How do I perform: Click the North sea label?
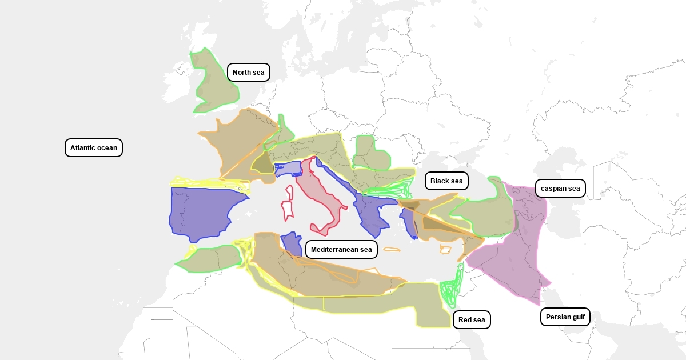(x=248, y=72)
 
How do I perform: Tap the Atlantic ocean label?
(x=93, y=148)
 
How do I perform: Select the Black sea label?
(x=446, y=181)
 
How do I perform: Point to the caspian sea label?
(x=560, y=189)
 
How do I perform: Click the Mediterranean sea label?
(x=341, y=250)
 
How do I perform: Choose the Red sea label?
(x=472, y=320)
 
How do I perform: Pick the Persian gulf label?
(x=565, y=317)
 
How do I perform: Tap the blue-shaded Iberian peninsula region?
(x=200, y=211)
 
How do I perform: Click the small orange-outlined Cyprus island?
(x=445, y=250)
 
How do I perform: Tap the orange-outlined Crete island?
(x=392, y=249)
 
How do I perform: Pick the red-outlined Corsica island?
(x=290, y=193)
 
